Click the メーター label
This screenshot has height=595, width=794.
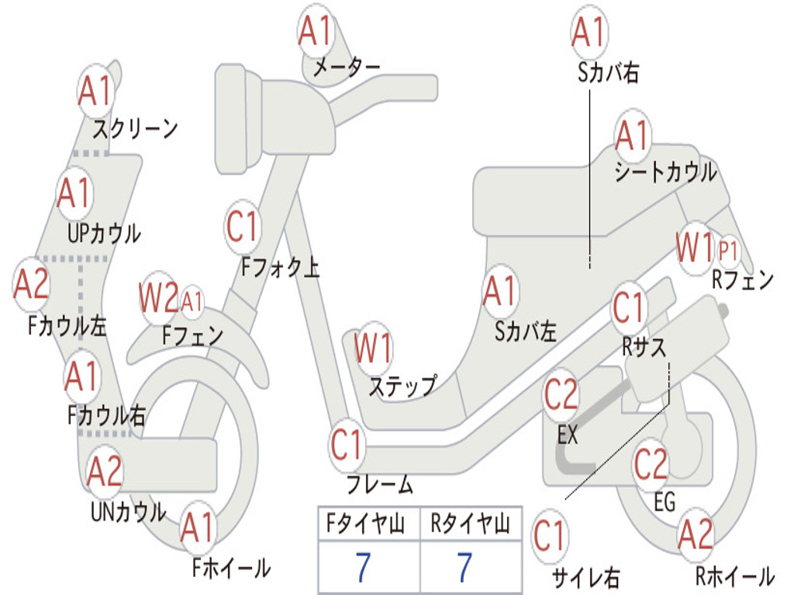pos(347,67)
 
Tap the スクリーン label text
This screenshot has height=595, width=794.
pos(135,129)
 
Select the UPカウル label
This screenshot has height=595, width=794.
pos(105,234)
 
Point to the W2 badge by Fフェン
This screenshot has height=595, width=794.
pos(158,297)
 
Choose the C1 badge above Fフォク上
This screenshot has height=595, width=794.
pos(243,227)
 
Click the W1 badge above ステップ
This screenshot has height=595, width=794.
pos(373,348)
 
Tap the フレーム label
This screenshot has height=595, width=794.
pos(380,484)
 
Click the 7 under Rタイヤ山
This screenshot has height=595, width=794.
pos(464,567)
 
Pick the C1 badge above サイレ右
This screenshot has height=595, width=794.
pos(550,536)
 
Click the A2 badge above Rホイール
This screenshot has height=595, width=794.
pos(696,535)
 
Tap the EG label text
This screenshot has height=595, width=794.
pos(665,502)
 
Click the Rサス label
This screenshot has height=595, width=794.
pos(644,347)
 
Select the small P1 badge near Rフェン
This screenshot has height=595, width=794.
pos(728,250)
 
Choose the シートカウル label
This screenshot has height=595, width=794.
pos(665,172)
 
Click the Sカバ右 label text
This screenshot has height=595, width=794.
pos(608,73)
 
